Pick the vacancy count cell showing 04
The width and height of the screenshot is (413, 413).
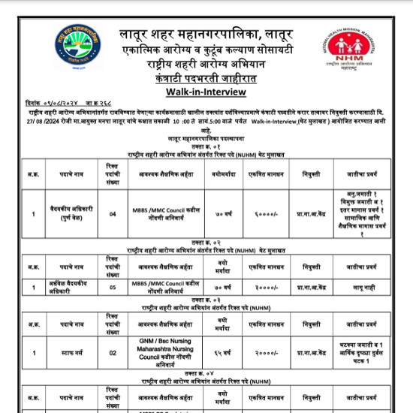[113, 214]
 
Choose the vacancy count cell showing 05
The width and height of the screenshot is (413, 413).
[113, 287]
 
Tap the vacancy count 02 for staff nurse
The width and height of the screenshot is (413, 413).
[113, 352]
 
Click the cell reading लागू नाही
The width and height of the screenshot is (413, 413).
[357, 287]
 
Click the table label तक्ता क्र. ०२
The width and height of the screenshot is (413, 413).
[206, 245]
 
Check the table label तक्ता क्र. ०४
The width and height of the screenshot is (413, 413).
[206, 373]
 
